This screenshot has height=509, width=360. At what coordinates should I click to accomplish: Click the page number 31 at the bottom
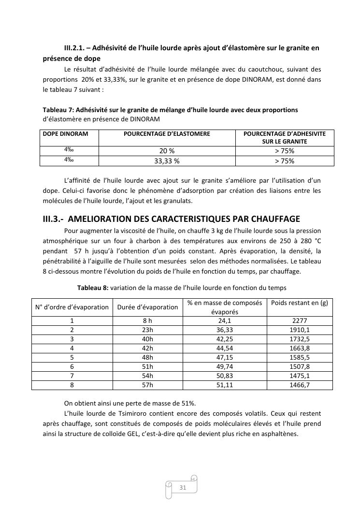point(183,487)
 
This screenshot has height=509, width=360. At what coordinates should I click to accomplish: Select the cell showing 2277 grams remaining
point(300,320)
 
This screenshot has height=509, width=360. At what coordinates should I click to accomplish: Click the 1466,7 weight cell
point(300,385)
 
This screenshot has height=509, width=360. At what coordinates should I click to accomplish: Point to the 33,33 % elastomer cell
point(167,161)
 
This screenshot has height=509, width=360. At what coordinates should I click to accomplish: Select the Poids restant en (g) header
point(300,303)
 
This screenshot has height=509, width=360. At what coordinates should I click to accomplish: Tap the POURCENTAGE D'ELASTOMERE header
point(167,134)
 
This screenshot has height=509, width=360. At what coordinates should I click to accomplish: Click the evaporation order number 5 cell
point(72,357)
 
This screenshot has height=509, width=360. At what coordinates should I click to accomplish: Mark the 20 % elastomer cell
point(167,151)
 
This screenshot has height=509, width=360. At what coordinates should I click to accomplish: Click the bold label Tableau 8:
point(93,288)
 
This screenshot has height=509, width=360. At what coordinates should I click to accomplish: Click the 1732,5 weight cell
point(300,339)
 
